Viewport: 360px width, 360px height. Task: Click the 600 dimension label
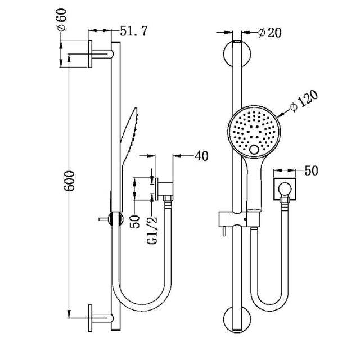(x=69, y=181)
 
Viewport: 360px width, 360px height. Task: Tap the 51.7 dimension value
(x=134, y=31)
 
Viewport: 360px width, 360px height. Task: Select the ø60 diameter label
(x=61, y=20)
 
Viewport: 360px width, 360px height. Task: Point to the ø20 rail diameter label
(x=269, y=33)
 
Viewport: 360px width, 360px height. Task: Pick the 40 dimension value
(x=201, y=156)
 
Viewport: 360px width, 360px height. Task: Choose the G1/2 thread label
(x=152, y=229)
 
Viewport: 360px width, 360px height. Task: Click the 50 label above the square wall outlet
(x=311, y=170)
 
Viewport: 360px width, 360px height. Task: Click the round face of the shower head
(x=254, y=131)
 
